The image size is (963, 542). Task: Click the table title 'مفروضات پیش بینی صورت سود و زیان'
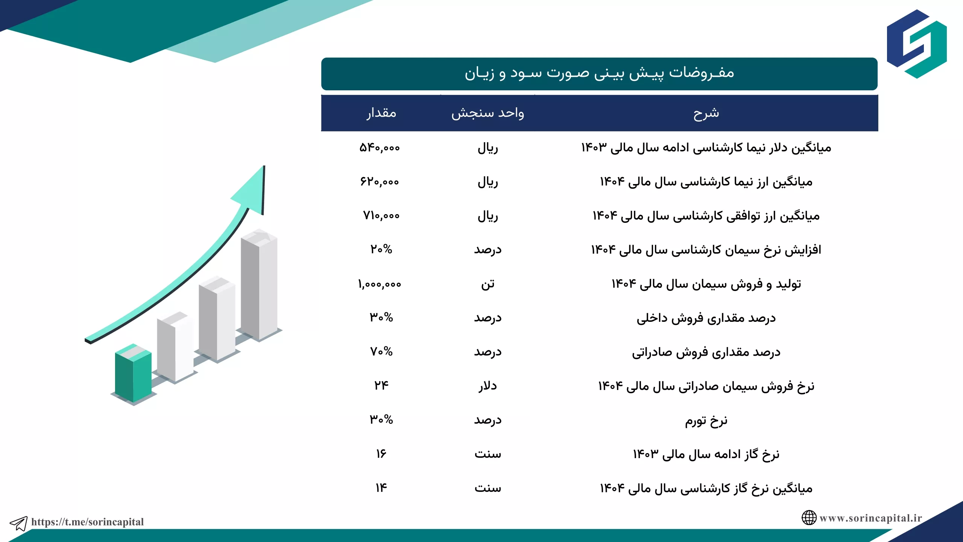coord(599,73)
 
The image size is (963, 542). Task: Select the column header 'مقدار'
coord(381,113)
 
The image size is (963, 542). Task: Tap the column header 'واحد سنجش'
coord(488,113)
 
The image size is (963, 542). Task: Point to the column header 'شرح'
coord(706,113)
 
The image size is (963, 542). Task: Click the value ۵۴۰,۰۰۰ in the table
coord(380,148)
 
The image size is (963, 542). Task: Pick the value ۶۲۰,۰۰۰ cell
coord(380,182)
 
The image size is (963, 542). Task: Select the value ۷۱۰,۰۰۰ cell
coord(381,216)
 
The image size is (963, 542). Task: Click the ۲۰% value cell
coord(381,249)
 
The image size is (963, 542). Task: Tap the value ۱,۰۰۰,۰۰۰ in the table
coord(380,284)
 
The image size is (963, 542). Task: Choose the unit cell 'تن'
coord(488,284)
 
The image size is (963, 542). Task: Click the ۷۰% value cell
coord(381,352)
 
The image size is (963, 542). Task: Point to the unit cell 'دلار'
coord(488,386)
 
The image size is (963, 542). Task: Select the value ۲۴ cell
coord(381,385)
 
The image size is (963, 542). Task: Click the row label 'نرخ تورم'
coord(706,420)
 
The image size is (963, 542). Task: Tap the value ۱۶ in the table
coord(381,454)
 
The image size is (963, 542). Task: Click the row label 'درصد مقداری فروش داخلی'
coord(706,318)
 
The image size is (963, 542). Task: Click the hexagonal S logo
coord(917,44)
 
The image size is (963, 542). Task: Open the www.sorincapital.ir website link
coord(870,518)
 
